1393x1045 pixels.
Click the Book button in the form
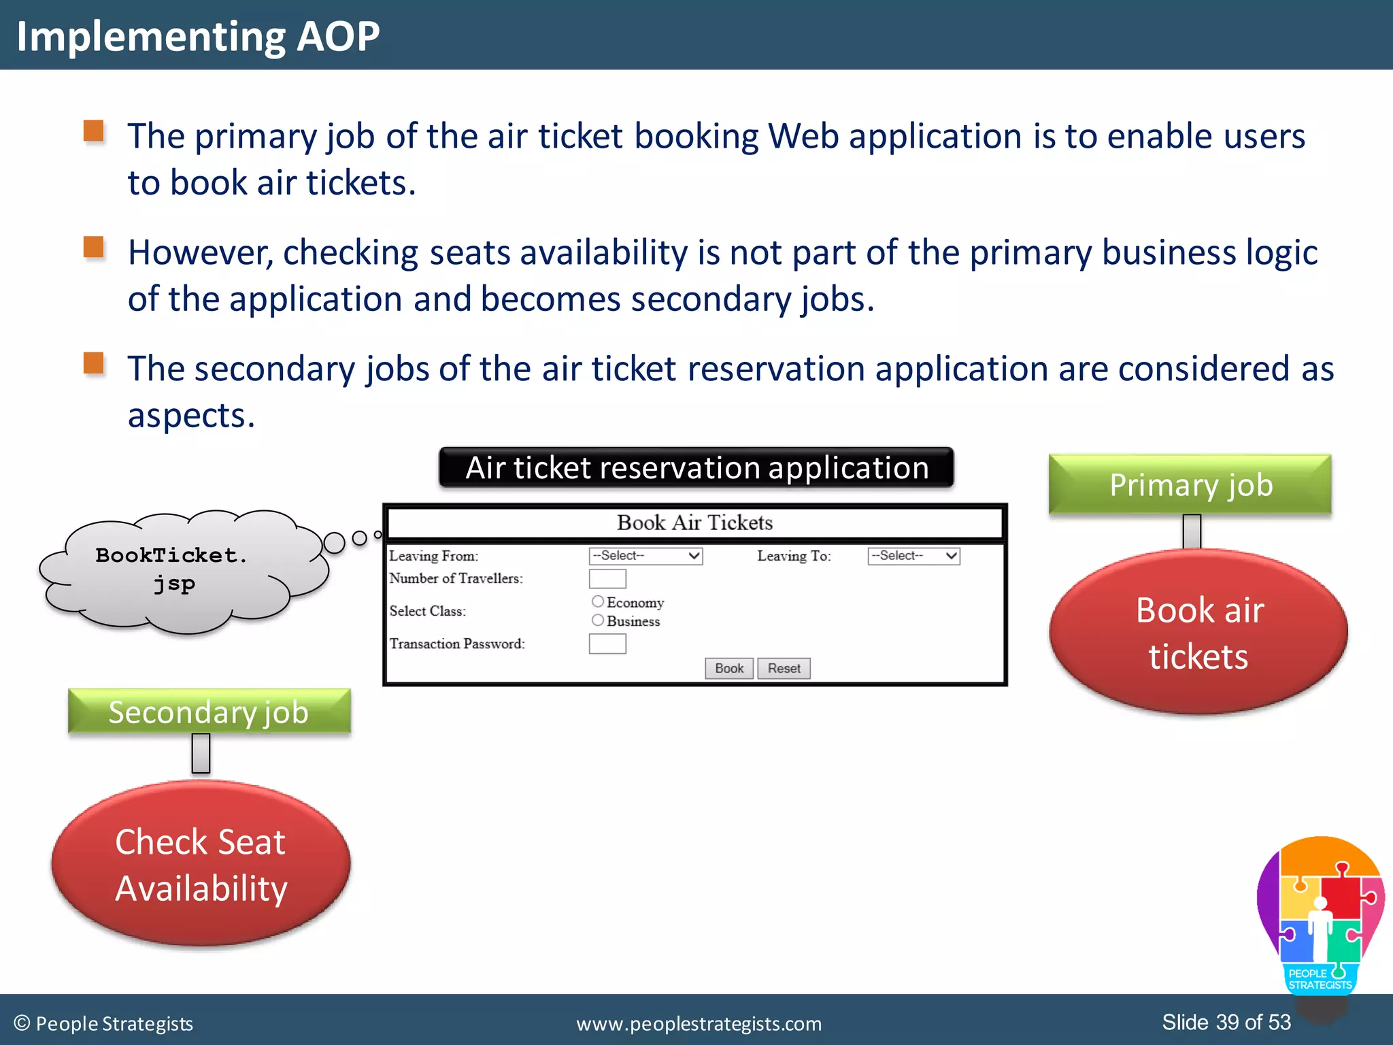[x=728, y=668]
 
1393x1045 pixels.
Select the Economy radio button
[x=598, y=601]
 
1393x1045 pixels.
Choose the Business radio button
[x=598, y=620]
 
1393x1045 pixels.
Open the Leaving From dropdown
[x=645, y=556]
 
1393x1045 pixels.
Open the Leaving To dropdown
[x=913, y=556]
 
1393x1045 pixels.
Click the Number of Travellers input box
[x=607, y=579]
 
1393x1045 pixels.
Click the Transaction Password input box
[x=607, y=644]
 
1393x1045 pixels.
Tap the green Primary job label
[x=1190, y=485]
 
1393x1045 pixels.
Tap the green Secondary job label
[x=209, y=712]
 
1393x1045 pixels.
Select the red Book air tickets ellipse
[x=1198, y=633]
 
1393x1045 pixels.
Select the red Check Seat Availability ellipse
[x=201, y=864]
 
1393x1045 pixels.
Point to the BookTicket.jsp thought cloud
[x=177, y=570]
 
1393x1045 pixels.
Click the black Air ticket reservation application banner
[x=696, y=467]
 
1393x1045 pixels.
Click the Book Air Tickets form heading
[x=694, y=522]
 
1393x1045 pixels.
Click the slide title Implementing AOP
[x=198, y=36]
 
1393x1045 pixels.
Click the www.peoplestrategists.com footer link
[x=699, y=1023]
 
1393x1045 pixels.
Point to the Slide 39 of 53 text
[x=1226, y=1022]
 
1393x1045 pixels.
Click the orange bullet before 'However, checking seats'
[x=94, y=247]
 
